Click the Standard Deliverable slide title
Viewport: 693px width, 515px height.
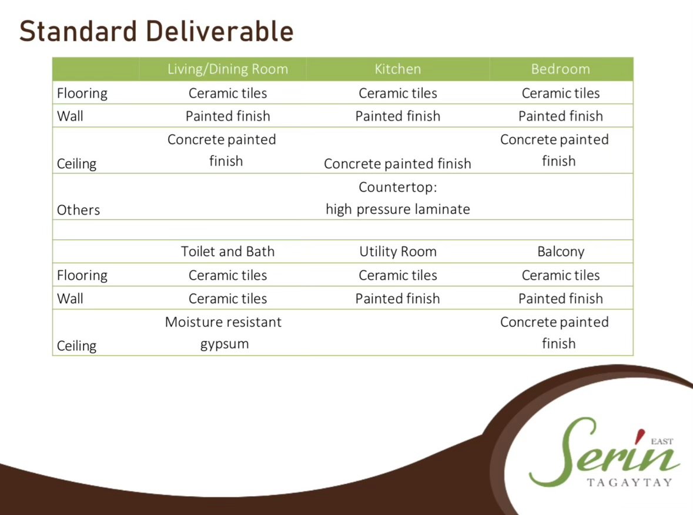tap(156, 31)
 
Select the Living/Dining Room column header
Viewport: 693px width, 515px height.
tap(227, 69)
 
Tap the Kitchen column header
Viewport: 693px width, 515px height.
tap(398, 69)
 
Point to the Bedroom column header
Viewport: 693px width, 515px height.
tap(560, 69)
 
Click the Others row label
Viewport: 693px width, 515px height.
tap(78, 209)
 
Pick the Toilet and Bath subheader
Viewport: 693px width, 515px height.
tap(227, 251)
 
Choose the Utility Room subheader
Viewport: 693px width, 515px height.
tap(398, 252)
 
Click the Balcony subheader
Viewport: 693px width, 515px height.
tap(561, 252)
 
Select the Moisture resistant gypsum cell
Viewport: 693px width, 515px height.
tap(223, 333)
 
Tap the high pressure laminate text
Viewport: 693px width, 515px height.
tap(398, 209)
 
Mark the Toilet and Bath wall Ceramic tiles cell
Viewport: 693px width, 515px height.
tap(227, 299)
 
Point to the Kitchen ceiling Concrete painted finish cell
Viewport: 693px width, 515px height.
tap(397, 163)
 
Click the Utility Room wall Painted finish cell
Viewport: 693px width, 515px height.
tap(398, 299)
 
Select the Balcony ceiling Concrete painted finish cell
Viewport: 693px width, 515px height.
tap(555, 332)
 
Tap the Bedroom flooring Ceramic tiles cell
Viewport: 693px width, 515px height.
tap(561, 93)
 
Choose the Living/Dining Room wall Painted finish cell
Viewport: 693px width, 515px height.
tap(227, 116)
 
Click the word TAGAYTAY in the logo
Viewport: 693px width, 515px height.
tap(630, 482)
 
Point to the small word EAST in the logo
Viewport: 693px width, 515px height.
tap(662, 441)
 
